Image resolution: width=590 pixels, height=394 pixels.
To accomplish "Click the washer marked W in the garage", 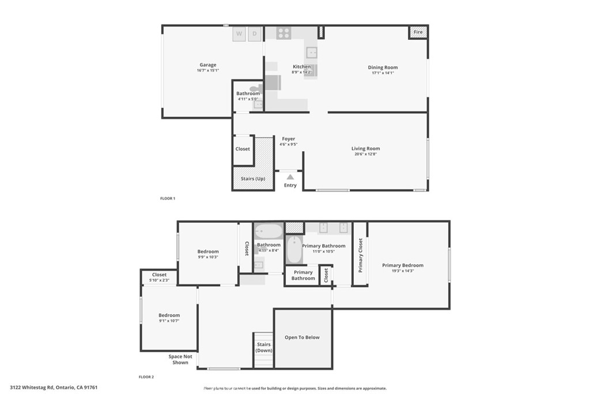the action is (x=239, y=34).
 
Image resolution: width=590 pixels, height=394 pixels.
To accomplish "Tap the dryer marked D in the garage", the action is (x=255, y=34).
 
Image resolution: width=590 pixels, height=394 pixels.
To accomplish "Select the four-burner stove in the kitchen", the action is (x=283, y=33).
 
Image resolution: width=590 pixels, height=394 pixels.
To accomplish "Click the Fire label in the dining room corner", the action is (x=418, y=32).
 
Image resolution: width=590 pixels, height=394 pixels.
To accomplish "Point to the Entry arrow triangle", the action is (x=290, y=177).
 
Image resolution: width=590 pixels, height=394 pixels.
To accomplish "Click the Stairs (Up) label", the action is (x=253, y=179).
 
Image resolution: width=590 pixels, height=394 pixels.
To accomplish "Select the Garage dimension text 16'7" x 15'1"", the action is (x=207, y=70).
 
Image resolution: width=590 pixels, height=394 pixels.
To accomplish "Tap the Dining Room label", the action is (x=383, y=67).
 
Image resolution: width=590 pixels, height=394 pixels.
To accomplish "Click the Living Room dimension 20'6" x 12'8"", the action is (x=366, y=153).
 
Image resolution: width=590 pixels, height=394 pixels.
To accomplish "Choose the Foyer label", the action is (x=289, y=138).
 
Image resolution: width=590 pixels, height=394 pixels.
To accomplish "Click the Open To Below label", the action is (x=302, y=337).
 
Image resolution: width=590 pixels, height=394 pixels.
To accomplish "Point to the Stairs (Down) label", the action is (x=264, y=347).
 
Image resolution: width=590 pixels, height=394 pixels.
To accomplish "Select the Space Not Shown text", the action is (x=180, y=359).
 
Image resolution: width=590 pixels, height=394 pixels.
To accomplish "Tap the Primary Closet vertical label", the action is (x=361, y=255).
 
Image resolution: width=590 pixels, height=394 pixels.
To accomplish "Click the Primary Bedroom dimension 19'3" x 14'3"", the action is (x=403, y=271).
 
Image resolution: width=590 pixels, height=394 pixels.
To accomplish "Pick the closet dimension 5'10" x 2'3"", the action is (x=159, y=280).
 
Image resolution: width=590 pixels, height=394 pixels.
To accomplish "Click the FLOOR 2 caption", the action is (x=146, y=377).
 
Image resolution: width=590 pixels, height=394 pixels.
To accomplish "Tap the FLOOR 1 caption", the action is (x=168, y=198).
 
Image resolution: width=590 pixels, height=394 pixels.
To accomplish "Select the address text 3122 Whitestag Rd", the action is (x=32, y=387).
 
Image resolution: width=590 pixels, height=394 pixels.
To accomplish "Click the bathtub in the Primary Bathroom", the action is (x=294, y=249).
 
